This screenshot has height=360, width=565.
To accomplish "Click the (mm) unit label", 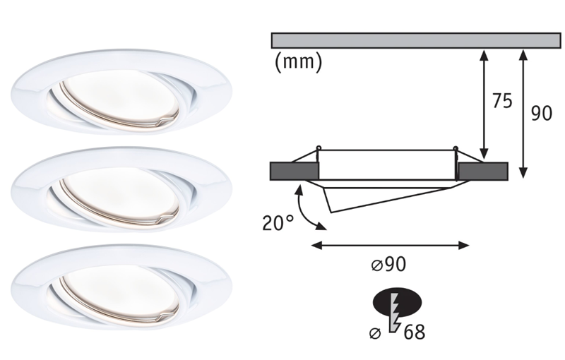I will tap(297, 62).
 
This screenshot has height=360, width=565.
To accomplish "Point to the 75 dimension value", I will tap(501, 102).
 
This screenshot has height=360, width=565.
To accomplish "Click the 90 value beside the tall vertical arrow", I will tap(541, 114).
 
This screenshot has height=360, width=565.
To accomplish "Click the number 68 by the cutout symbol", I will tap(415, 331).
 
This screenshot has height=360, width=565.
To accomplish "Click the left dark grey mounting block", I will tap(295, 171).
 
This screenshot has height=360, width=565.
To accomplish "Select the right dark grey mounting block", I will tap(482, 171).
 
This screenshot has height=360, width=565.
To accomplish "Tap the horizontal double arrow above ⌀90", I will tap(390, 246).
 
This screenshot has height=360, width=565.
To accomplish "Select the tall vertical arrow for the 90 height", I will tap(523, 113).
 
